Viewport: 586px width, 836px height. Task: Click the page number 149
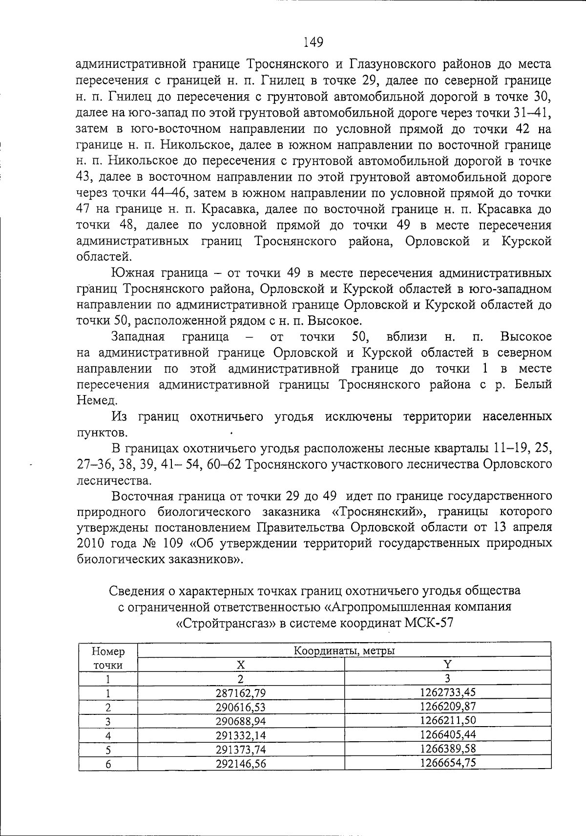coord(313,43)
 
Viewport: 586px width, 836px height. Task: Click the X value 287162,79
coord(241,692)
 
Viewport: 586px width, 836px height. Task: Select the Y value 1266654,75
coord(447,763)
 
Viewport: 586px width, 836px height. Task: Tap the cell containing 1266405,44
coord(447,734)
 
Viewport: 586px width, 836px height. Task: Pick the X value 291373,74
coord(241,749)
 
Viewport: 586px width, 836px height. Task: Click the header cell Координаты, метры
coord(344,650)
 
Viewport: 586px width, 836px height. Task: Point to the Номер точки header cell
coord(108,658)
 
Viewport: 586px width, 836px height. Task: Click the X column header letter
coord(241,665)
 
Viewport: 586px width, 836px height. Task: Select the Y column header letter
coord(447,664)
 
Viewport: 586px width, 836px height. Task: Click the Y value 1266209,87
coord(447,706)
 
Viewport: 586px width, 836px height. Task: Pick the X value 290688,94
coord(241,721)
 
